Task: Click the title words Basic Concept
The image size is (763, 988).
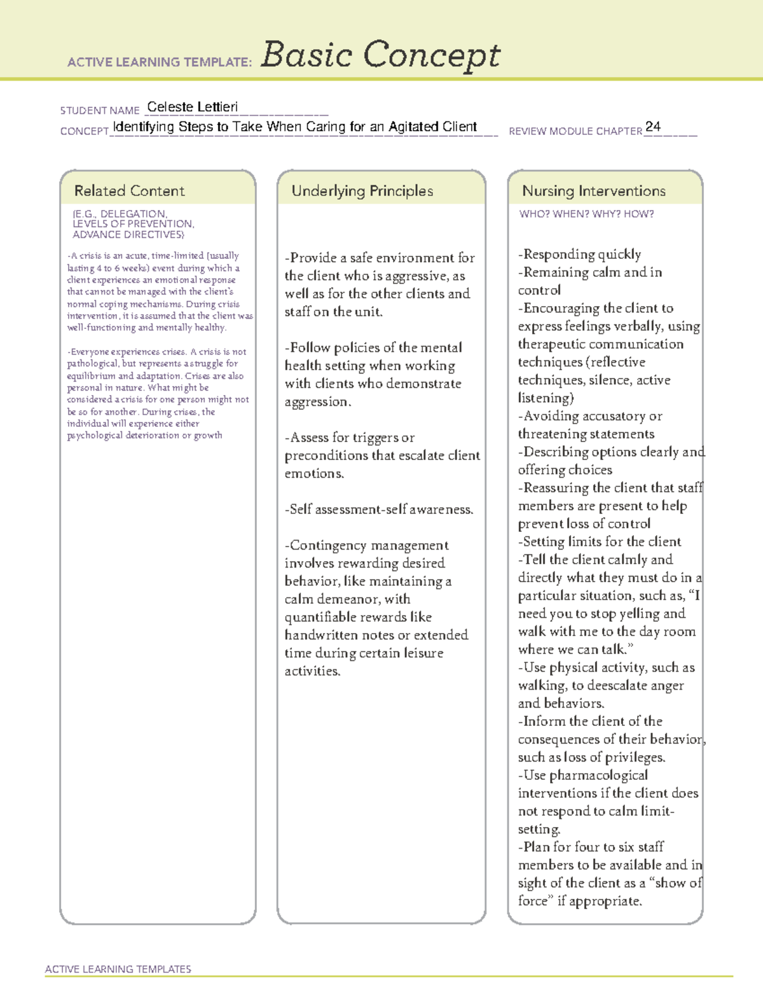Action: tap(380, 55)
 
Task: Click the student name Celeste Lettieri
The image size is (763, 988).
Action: tap(192, 107)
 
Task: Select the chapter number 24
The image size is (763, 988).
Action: tap(652, 127)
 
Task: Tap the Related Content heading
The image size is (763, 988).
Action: tap(129, 191)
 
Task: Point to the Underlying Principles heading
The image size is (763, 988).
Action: tap(362, 191)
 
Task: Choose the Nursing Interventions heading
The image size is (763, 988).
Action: tap(593, 191)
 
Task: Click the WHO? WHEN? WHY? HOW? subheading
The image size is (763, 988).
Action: tap(586, 214)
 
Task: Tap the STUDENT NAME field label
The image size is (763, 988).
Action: tap(100, 111)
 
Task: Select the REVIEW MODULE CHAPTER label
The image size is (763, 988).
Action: tap(575, 131)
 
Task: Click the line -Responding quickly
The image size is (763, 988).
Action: tap(579, 254)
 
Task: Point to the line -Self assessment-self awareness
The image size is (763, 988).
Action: tap(379, 510)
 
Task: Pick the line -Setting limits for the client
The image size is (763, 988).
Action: tap(600, 542)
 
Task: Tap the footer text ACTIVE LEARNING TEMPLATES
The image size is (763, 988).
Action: tap(118, 969)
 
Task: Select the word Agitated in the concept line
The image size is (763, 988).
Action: tap(414, 127)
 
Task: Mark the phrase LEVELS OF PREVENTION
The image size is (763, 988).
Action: tap(133, 224)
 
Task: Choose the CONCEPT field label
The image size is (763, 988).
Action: tap(85, 131)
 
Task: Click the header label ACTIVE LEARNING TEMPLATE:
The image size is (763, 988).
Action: tap(160, 62)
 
